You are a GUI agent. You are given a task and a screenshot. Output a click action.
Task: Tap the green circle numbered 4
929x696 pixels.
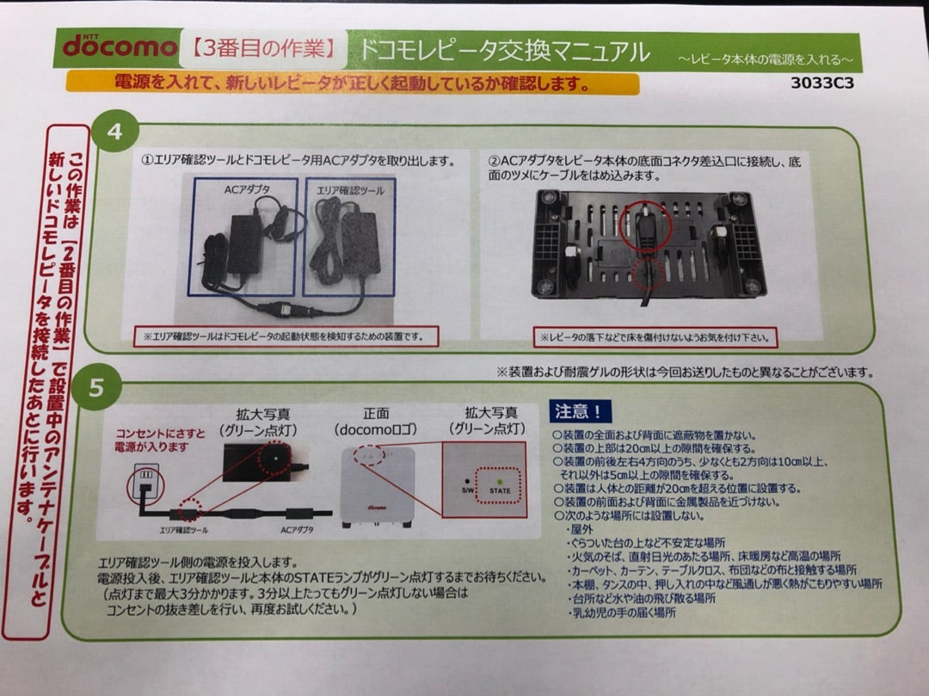click(x=116, y=133)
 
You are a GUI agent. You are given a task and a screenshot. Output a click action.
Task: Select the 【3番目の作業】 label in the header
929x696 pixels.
click(x=263, y=50)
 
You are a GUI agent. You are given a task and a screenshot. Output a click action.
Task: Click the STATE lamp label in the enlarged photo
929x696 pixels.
click(x=500, y=490)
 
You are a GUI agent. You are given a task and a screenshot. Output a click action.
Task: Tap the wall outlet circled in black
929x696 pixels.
click(x=144, y=485)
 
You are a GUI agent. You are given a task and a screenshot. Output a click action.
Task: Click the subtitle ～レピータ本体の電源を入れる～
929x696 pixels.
click(x=764, y=59)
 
